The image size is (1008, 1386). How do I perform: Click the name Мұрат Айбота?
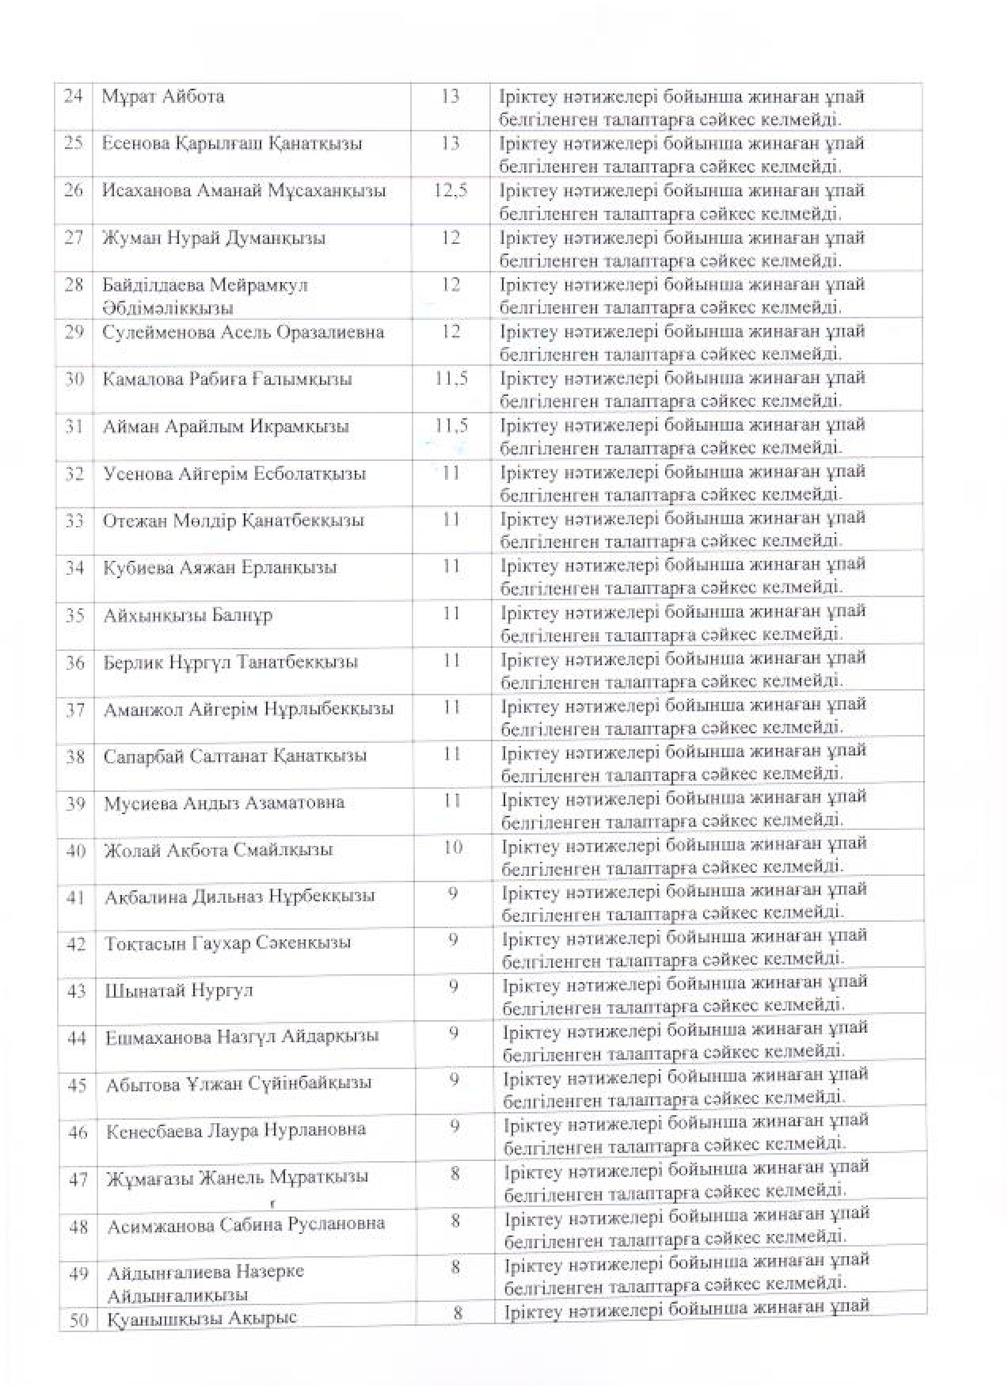pyautogui.click(x=163, y=97)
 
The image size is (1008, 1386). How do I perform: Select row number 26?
pyautogui.click(x=74, y=191)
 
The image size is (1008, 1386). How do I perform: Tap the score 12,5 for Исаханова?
pyautogui.click(x=451, y=191)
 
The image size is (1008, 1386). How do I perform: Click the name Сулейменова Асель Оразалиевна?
pyautogui.click(x=243, y=332)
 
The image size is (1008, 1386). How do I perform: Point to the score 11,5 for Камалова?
pyautogui.click(x=451, y=379)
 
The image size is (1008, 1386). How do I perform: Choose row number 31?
pyautogui.click(x=74, y=426)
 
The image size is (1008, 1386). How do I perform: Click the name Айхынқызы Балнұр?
pyautogui.click(x=188, y=615)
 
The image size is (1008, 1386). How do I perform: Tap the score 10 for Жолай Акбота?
pyautogui.click(x=453, y=847)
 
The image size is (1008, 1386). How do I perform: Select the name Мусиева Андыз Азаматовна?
pyautogui.click(x=224, y=803)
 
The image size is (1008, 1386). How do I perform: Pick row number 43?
pyautogui.click(x=76, y=991)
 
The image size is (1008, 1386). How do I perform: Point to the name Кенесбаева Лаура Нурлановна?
pyautogui.click(x=236, y=1130)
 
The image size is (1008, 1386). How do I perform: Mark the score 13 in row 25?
pyautogui.click(x=450, y=143)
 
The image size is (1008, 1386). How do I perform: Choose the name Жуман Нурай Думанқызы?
pyautogui.click(x=214, y=238)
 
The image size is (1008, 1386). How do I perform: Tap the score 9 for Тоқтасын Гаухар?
pyautogui.click(x=454, y=940)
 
